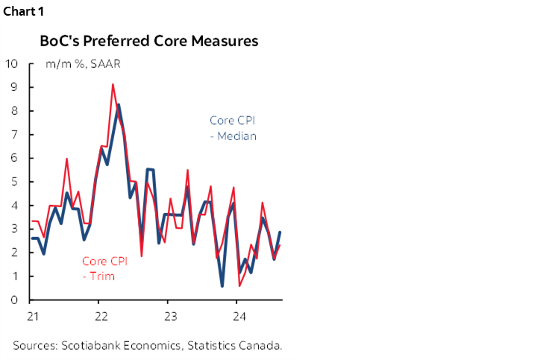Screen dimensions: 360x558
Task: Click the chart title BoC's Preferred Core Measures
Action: tap(148, 41)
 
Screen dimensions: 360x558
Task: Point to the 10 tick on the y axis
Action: tap(11, 63)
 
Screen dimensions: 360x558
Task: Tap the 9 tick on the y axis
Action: tap(13, 87)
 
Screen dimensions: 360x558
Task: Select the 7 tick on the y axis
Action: tap(13, 134)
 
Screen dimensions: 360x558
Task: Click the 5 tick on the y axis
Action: tap(13, 182)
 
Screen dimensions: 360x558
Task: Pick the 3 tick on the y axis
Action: tap(13, 229)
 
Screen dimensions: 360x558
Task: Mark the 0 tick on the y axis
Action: tap(13, 300)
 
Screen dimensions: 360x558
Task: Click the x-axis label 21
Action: tap(33, 315)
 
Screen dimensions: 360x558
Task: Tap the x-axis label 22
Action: tap(101, 315)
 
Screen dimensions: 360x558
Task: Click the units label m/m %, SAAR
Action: tap(83, 64)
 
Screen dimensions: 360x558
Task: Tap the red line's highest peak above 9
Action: tap(113, 84)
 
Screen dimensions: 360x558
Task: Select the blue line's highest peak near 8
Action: tap(119, 104)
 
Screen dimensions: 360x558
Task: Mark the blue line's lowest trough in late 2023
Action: tap(222, 285)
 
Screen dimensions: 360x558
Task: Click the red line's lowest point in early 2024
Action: tap(239, 285)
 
